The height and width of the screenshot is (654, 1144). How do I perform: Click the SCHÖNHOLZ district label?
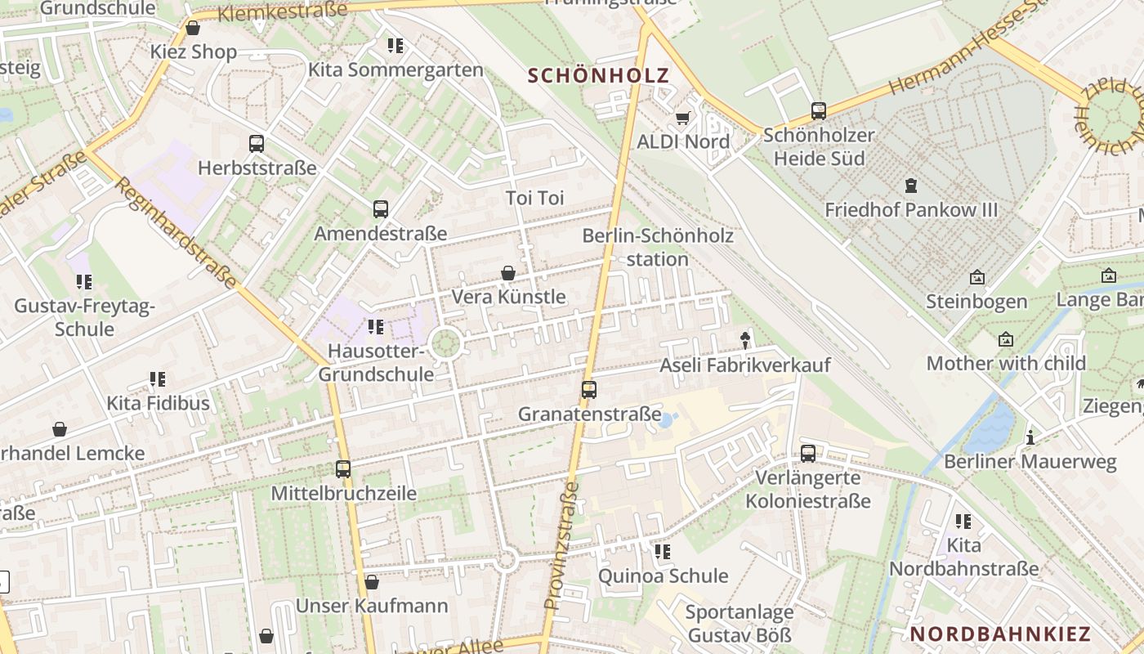click(598, 76)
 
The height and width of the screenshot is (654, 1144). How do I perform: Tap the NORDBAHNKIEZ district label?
click(1000, 634)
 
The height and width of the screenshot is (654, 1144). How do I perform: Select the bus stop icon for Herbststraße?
click(257, 144)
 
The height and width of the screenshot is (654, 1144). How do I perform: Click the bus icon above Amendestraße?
click(381, 208)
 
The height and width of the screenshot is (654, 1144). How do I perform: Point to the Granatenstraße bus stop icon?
click(589, 390)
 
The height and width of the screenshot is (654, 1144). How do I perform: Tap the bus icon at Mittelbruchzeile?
click(343, 469)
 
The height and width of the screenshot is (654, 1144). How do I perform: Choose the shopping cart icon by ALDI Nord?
click(682, 118)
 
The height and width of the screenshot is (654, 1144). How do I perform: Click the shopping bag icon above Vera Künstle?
click(508, 272)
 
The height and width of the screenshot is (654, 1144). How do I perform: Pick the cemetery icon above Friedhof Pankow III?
click(911, 186)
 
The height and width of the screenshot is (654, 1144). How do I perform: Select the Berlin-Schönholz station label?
click(658, 248)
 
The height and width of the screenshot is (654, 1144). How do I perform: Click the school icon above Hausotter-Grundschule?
click(376, 327)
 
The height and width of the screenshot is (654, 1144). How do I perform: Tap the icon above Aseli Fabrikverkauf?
click(744, 340)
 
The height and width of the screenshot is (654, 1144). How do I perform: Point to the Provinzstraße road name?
click(561, 546)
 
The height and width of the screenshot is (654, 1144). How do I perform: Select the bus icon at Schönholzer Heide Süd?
click(819, 111)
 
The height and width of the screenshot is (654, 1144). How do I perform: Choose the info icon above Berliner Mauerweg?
click(1030, 437)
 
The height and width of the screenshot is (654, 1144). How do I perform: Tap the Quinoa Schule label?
click(663, 576)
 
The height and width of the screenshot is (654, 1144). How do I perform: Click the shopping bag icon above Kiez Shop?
click(193, 28)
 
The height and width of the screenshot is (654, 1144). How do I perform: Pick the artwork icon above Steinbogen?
click(976, 278)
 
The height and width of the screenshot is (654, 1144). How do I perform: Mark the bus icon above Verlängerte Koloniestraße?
click(808, 453)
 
